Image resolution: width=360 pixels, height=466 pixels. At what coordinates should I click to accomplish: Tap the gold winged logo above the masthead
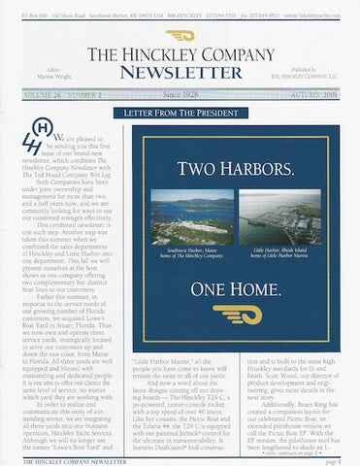pos(180,34)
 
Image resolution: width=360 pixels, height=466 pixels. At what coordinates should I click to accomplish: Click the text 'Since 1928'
pos(180,96)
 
